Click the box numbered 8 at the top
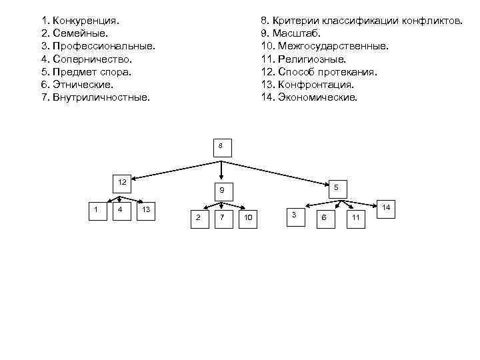(x=222, y=147)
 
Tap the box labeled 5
(x=337, y=189)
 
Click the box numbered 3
(x=295, y=216)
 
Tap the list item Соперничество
(x=91, y=59)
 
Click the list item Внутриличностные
(x=101, y=97)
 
